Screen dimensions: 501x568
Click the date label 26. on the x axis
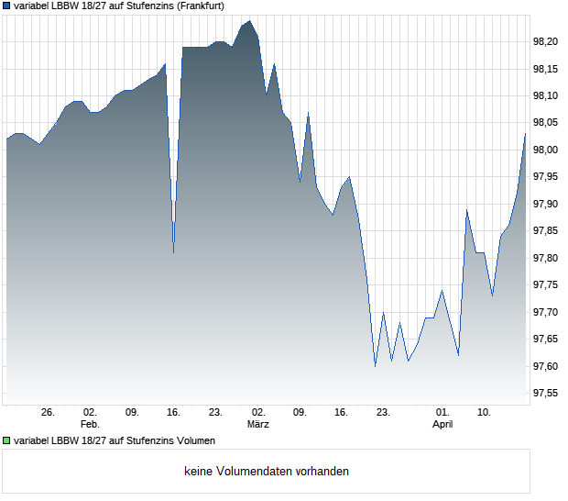tap(49, 412)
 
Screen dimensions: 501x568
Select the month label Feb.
tap(90, 424)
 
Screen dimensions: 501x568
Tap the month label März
tap(258, 424)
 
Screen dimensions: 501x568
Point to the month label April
tap(442, 424)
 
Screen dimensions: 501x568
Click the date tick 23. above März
tap(216, 412)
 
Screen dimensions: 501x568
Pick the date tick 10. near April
tap(485, 412)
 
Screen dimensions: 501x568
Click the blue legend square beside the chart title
tap(6, 6)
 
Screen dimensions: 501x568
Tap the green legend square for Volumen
tap(6, 440)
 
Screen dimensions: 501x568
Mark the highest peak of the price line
tap(249, 20)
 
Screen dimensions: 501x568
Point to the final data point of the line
tap(525, 134)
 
